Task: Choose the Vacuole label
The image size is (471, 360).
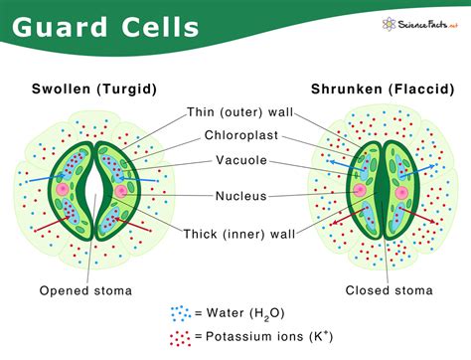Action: coord(239,160)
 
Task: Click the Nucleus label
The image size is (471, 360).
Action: coord(239,196)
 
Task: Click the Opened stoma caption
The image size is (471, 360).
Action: coord(85,290)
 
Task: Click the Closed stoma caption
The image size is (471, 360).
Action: coord(389,290)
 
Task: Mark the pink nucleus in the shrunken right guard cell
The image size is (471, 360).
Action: coord(404,189)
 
